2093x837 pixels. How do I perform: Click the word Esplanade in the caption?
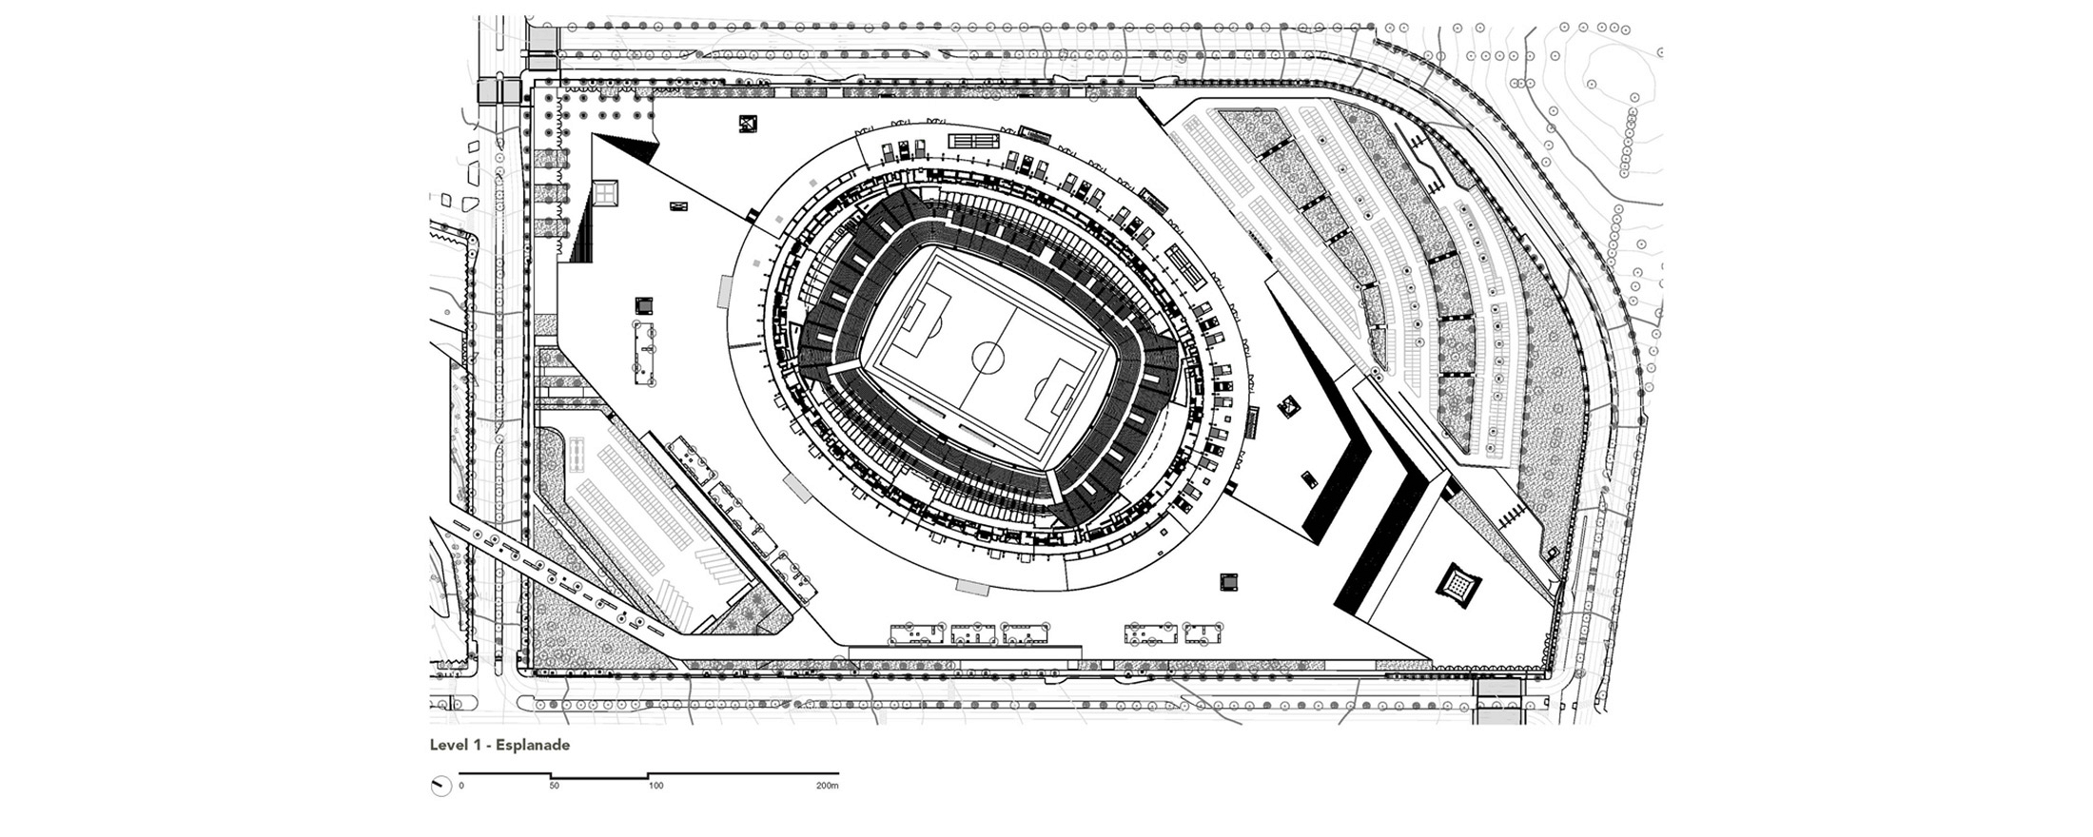pos(532,746)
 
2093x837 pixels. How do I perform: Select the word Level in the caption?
pos(448,745)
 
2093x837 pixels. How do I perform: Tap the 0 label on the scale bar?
pos(461,787)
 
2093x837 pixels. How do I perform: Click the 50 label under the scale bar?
pos(554,787)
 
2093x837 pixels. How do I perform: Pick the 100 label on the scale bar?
pos(655,787)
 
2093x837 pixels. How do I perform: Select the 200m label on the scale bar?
pos(828,787)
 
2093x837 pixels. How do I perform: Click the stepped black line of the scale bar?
pos(649,773)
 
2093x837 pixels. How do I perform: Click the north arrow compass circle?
pos(440,787)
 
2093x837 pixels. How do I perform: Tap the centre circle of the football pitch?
pos(988,358)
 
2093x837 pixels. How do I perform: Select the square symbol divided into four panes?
pos(604,194)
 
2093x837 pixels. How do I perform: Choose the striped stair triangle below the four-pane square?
pos(581,229)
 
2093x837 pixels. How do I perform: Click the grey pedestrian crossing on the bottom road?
pos(1496,702)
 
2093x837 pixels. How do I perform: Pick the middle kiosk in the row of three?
pos(973,633)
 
